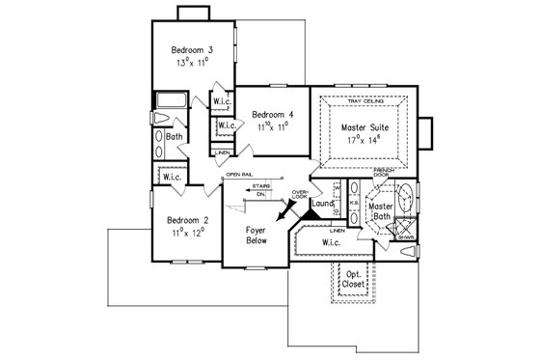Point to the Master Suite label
click(365, 125)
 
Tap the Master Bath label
click(382, 212)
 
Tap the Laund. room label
click(323, 205)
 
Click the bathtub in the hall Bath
click(170, 99)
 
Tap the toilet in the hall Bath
click(161, 119)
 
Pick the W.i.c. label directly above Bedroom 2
click(174, 178)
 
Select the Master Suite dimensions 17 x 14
click(365, 139)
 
